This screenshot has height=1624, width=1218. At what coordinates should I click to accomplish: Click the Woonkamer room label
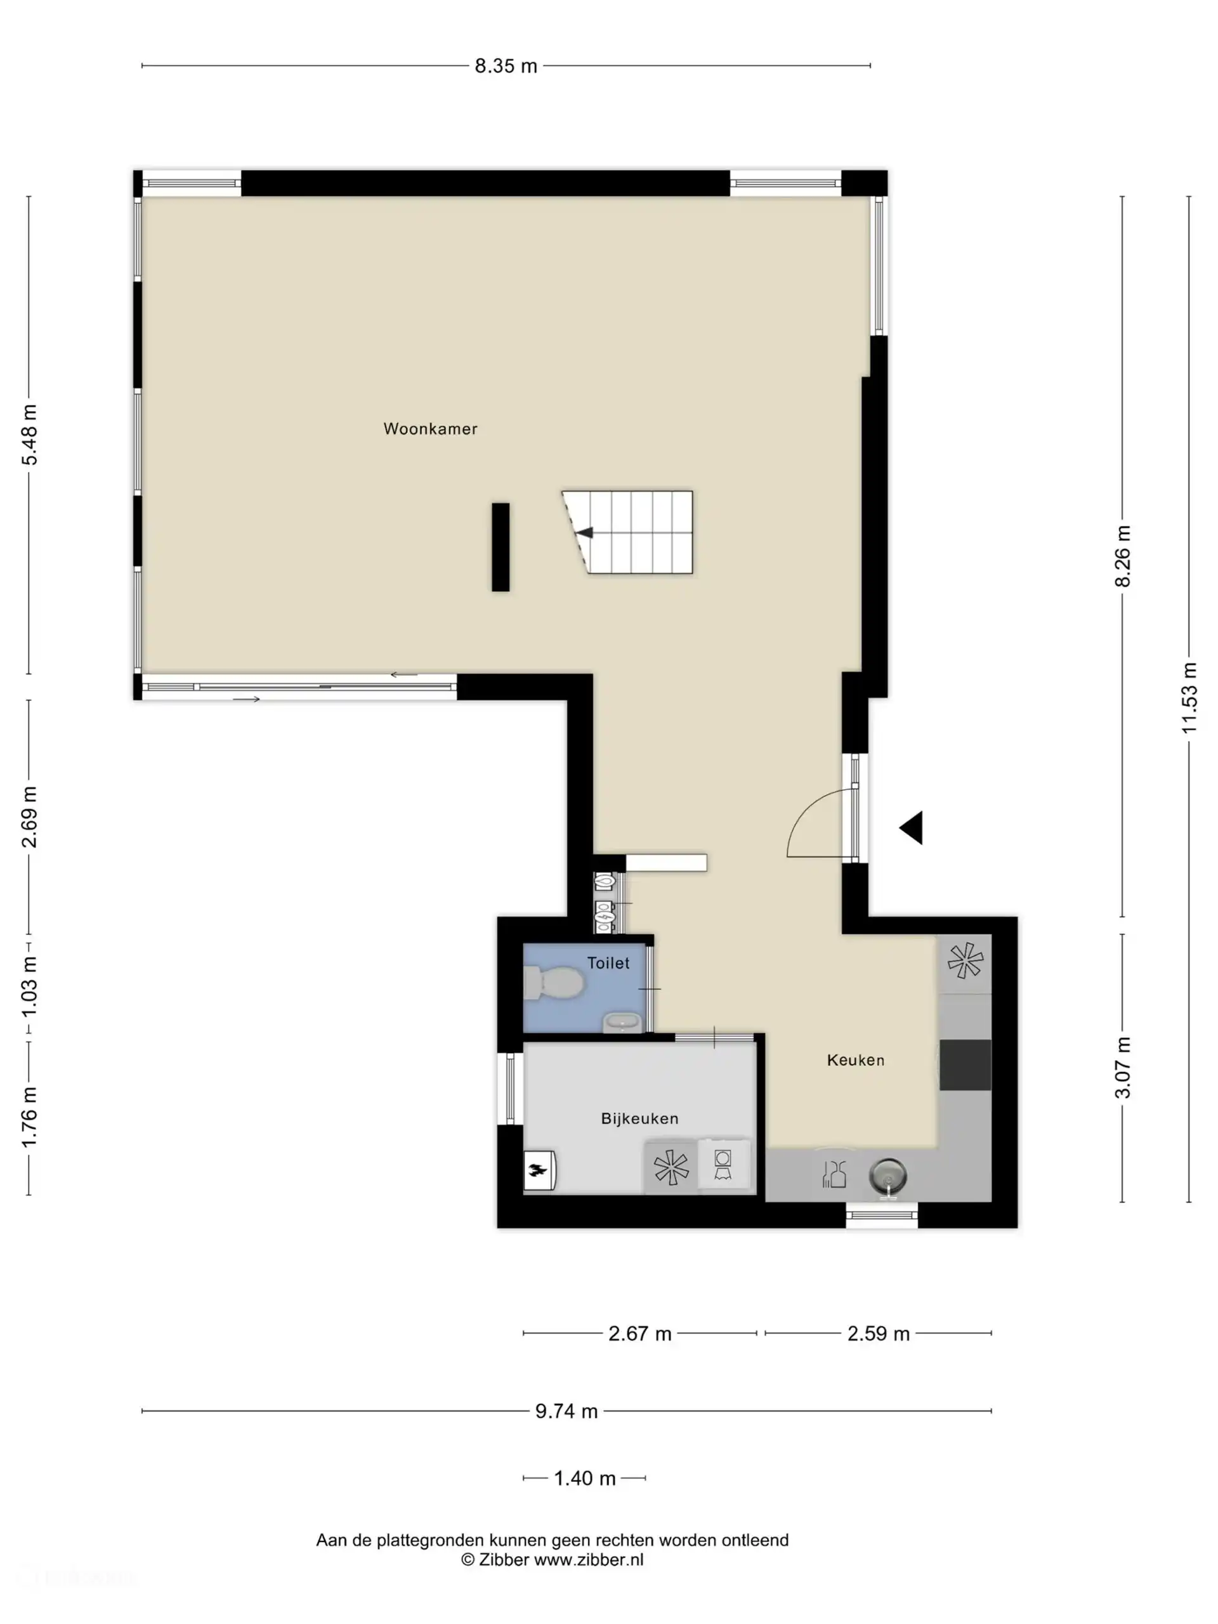(x=430, y=429)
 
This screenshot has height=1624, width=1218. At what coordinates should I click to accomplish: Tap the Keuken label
(x=855, y=1059)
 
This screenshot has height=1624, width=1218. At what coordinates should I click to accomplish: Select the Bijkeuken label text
(x=639, y=1118)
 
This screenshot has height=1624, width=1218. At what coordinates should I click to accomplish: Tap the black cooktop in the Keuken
(x=965, y=1064)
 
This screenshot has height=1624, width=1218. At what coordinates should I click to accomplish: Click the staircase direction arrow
(x=584, y=533)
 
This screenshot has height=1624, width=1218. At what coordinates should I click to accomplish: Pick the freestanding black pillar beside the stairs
(x=500, y=547)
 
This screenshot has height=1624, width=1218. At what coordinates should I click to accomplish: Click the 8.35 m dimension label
(x=506, y=66)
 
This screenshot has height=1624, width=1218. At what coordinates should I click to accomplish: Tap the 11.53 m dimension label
(x=1189, y=697)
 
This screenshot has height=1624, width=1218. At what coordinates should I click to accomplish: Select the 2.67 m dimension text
(x=639, y=1333)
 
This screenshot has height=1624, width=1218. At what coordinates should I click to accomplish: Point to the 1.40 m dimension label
(x=584, y=1478)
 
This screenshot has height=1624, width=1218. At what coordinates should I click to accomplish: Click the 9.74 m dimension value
(x=566, y=1411)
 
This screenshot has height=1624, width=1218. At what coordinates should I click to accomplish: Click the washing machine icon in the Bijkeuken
(x=723, y=1165)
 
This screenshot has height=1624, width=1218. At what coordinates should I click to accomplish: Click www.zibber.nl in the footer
(x=588, y=1560)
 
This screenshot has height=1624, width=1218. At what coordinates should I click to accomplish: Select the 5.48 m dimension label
(x=29, y=435)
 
